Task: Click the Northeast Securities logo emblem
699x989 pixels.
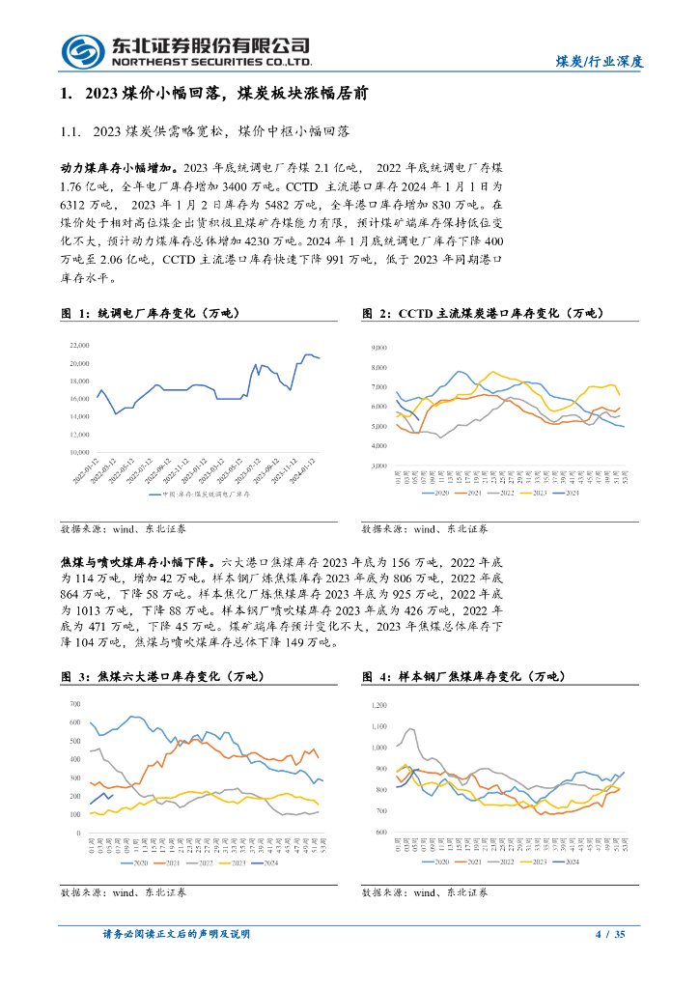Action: tap(82, 51)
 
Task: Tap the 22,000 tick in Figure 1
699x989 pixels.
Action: tap(79, 345)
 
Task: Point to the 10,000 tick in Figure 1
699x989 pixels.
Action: tap(79, 452)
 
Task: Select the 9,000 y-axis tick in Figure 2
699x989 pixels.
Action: tap(378, 347)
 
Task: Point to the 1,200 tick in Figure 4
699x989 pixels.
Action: tap(377, 705)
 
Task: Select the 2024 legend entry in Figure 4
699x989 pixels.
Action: tap(571, 861)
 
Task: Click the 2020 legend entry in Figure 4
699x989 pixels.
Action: tap(439, 861)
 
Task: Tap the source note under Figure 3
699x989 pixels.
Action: tap(124, 894)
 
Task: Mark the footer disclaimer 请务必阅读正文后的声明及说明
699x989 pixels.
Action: tap(176, 934)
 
